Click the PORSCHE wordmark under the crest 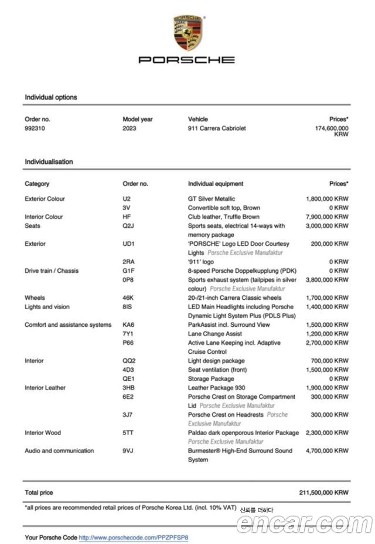coord(187,59)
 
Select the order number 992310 coord(35,128)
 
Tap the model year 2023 coord(129,128)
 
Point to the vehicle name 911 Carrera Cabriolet coord(217,128)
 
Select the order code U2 coord(127,199)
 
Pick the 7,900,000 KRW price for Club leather coord(327,217)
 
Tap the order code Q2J coord(128,225)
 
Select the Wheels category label coord(35,298)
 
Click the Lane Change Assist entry coord(215,334)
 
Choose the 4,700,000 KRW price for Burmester coord(327,451)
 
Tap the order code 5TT coord(128,433)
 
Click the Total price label coord(39,493)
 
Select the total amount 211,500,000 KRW coord(323,493)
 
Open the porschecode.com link coord(134,537)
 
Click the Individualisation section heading coord(49,162)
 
